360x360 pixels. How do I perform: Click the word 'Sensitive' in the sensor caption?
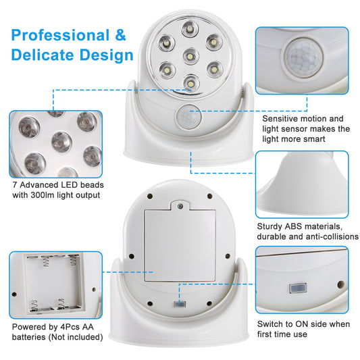[283, 118]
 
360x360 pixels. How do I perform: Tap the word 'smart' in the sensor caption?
[332, 139]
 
